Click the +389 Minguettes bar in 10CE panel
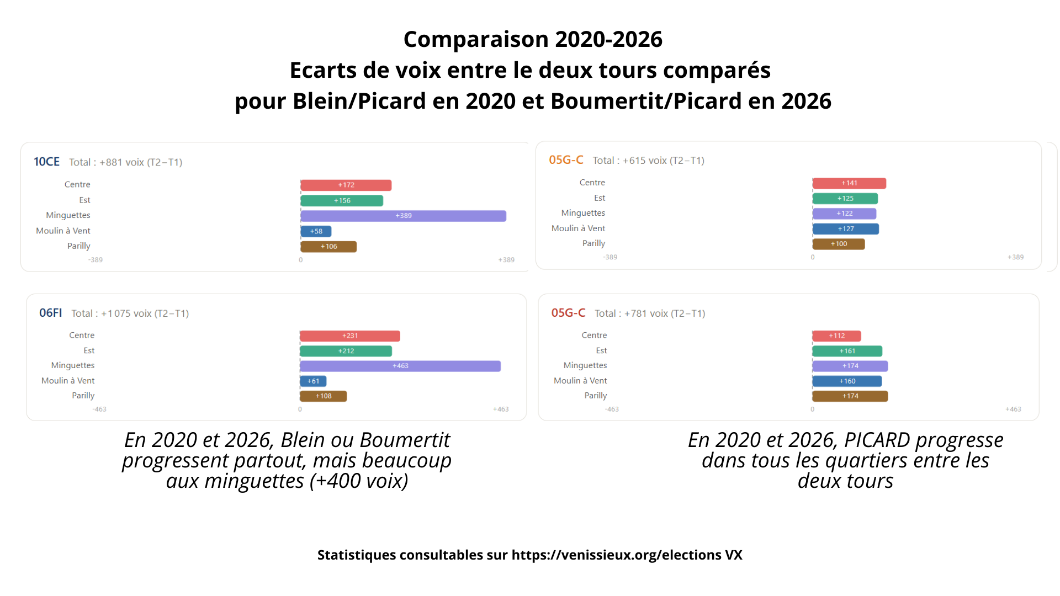pos(403,216)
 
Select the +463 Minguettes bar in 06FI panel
pos(400,366)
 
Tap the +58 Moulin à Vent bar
pos(316,231)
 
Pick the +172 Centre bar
pos(346,185)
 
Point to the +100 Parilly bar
pos(839,244)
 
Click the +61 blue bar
pos(313,381)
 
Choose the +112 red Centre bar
pos(836,336)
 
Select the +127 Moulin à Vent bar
pos(845,228)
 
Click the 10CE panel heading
pos(46,162)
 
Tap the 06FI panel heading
pos(50,313)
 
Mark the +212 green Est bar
pos(346,351)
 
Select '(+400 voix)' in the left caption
pos(359,481)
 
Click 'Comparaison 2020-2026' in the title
pos(533,39)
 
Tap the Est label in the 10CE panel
pos(84,200)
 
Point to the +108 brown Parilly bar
pos(323,396)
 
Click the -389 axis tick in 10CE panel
pos(96,260)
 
